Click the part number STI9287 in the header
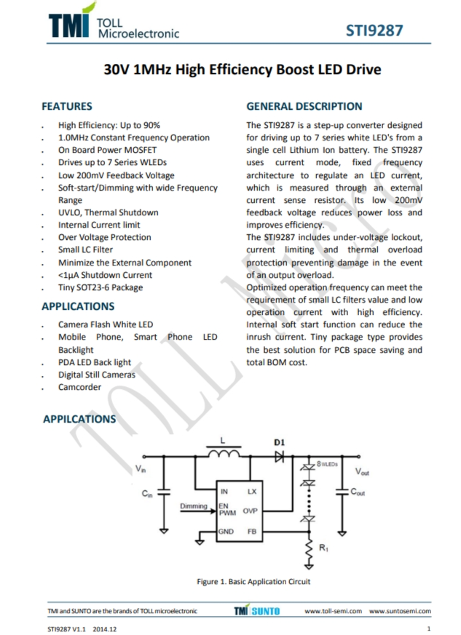374,31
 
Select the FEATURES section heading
66,106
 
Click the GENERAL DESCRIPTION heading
304,106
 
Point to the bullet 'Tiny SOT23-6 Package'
101,287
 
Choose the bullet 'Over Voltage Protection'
105,237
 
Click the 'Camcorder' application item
79,387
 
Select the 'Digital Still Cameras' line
97,375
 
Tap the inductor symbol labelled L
224,454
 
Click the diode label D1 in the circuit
279,442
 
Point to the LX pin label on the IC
252,492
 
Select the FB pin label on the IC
252,532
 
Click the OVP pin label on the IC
250,511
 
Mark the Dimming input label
194,506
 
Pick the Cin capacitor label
147,494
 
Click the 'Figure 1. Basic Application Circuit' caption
253,581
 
